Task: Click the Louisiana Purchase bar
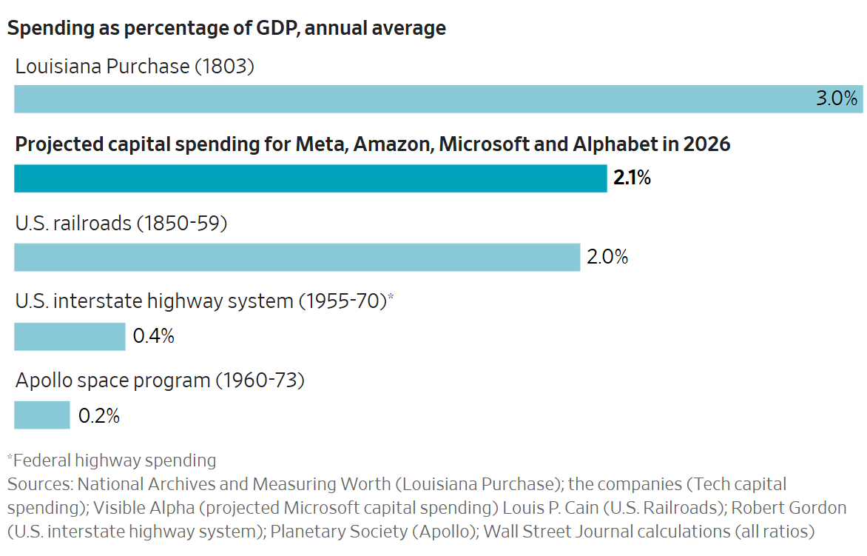pyautogui.click(x=414, y=99)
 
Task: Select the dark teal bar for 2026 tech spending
pyautogui.click(x=311, y=178)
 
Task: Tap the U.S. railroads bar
pyautogui.click(x=297, y=257)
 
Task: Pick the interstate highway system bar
pyautogui.click(x=70, y=336)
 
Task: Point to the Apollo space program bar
pyautogui.click(x=42, y=415)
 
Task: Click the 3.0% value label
pyautogui.click(x=836, y=99)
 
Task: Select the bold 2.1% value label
pyautogui.click(x=632, y=178)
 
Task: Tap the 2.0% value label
pyautogui.click(x=607, y=257)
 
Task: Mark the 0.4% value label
pyautogui.click(x=153, y=336)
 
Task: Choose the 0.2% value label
pyautogui.click(x=99, y=415)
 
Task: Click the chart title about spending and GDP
pyautogui.click(x=226, y=29)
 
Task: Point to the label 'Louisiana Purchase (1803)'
pyautogui.click(x=135, y=67)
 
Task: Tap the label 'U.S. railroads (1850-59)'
pyautogui.click(x=121, y=223)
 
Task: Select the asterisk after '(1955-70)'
pyautogui.click(x=391, y=298)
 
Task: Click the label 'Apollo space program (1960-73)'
pyautogui.click(x=160, y=381)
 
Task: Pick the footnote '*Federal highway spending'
pyautogui.click(x=112, y=460)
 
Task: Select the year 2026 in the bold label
pyautogui.click(x=706, y=144)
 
